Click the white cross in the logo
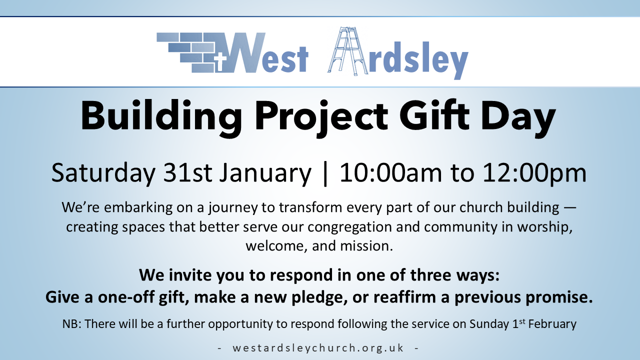220,61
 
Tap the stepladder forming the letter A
347,51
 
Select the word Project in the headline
321,117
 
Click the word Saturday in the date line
103,173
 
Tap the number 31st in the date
187,172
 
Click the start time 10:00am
390,172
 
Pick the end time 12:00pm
534,173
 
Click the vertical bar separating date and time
325,173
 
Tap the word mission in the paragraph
366,246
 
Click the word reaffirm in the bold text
404,297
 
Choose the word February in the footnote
552,324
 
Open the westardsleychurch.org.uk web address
318,348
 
